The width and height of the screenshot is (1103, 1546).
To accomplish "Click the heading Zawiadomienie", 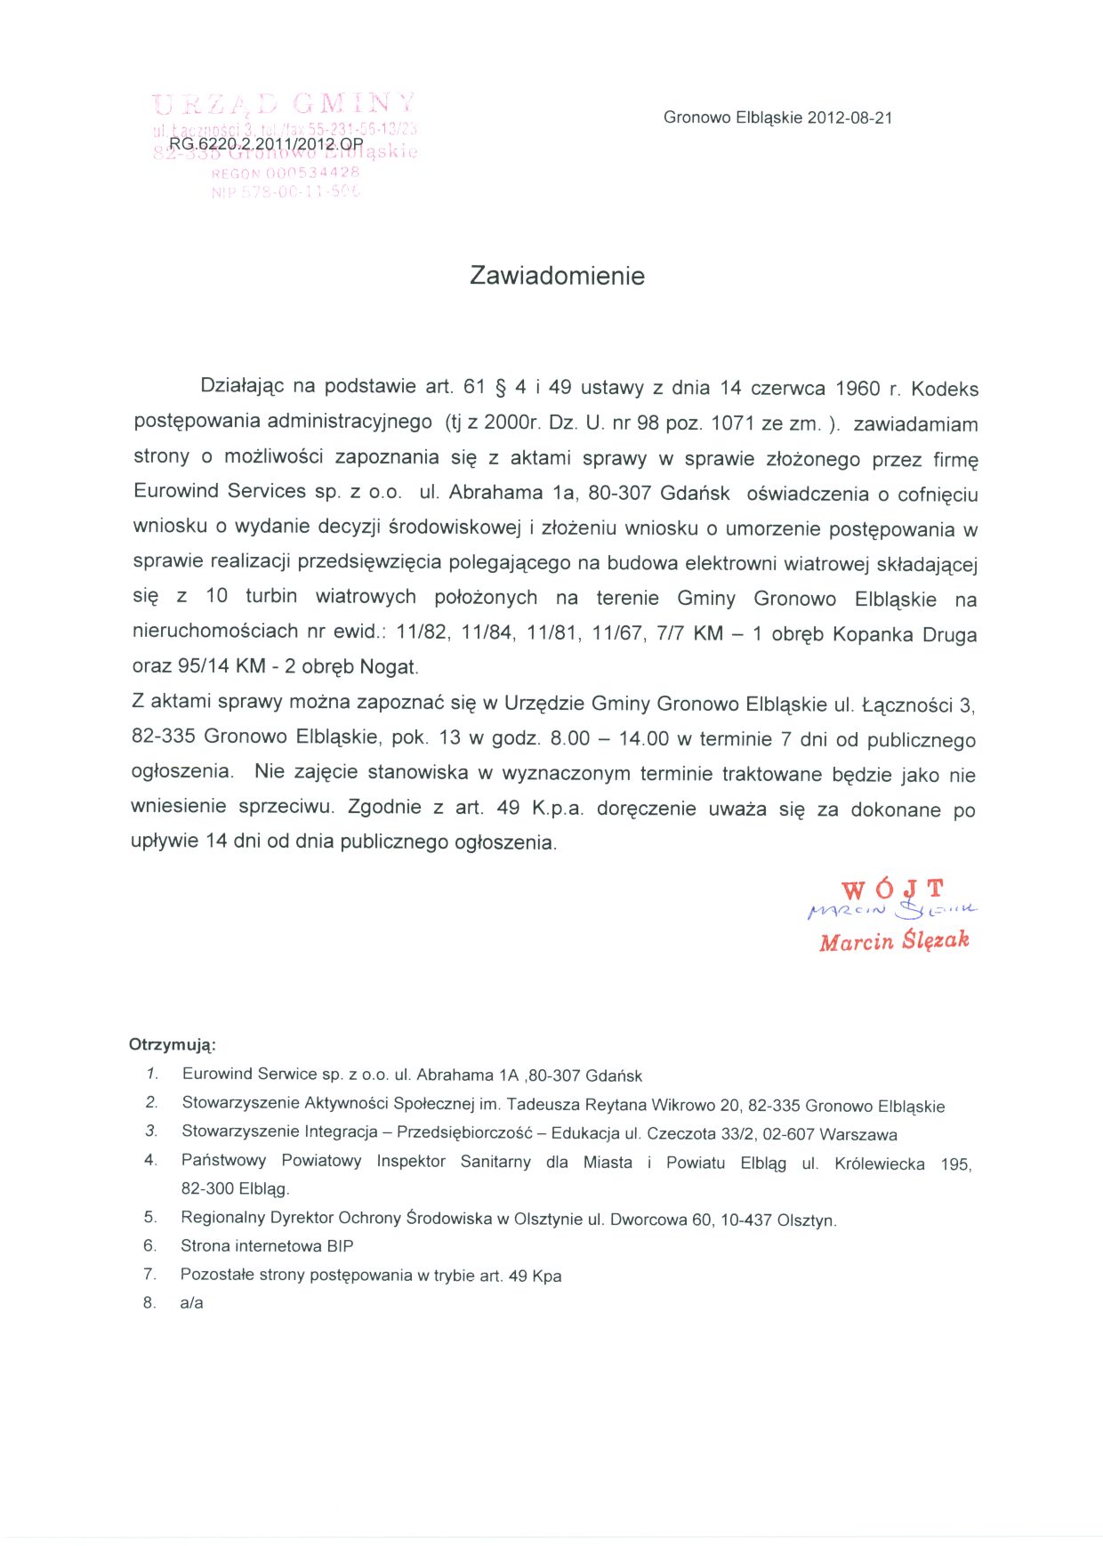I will pyautogui.click(x=557, y=276).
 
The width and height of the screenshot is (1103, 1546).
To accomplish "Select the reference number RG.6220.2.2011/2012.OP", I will pyautogui.click(x=266, y=143).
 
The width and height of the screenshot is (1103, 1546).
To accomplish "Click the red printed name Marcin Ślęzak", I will pyautogui.click(x=894, y=941).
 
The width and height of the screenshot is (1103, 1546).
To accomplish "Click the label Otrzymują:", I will pyautogui.click(x=173, y=1044).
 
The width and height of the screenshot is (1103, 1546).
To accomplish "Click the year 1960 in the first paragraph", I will pyautogui.click(x=857, y=389).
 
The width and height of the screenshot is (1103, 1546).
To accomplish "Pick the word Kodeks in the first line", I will pyautogui.click(x=945, y=390).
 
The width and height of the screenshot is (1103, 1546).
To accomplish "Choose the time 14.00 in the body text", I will pyautogui.click(x=643, y=738).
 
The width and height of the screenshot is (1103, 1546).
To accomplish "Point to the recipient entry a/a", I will pyautogui.click(x=191, y=1302).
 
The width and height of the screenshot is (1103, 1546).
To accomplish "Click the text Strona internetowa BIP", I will pyautogui.click(x=267, y=1245).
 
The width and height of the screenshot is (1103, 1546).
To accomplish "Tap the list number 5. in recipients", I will pyautogui.click(x=150, y=1217).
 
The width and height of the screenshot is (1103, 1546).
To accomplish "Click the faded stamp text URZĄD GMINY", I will pyautogui.click(x=284, y=104).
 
